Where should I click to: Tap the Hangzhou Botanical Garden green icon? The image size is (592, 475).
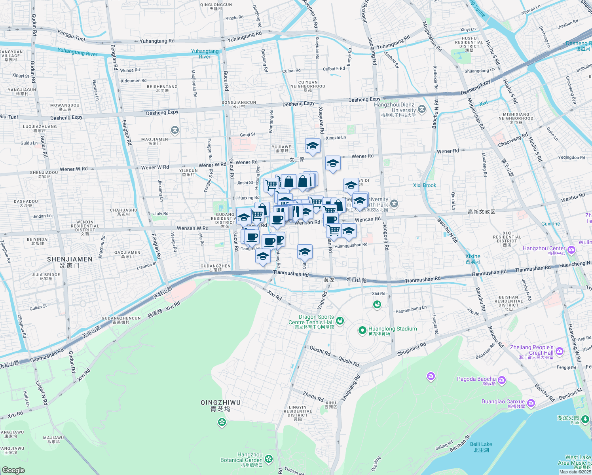[x=269, y=459]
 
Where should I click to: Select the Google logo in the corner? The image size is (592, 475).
[x=13, y=470]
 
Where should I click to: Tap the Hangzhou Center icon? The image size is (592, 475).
[x=571, y=250]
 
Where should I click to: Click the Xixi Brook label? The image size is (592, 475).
[x=425, y=185]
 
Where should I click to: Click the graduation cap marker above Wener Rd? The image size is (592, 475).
[x=313, y=146]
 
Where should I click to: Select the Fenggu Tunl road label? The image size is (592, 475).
[x=71, y=36]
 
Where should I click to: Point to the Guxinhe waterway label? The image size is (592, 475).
[x=550, y=224]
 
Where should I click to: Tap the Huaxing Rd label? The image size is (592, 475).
[x=249, y=198]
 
